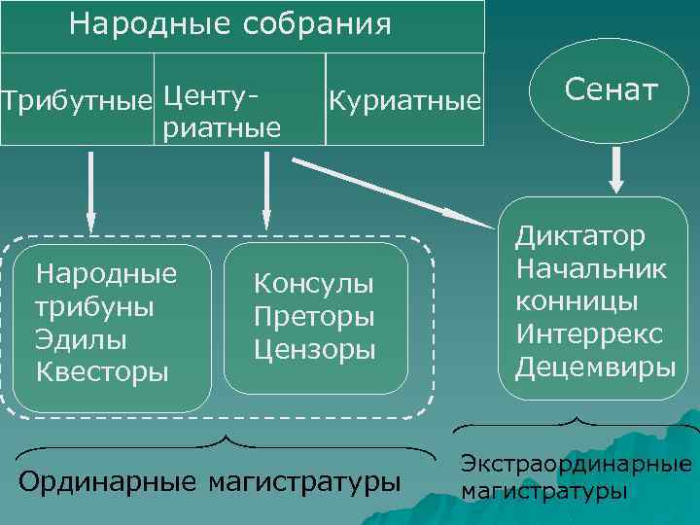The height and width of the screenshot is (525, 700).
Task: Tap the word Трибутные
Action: click(x=77, y=100)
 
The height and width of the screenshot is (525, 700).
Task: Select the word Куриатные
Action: click(x=405, y=100)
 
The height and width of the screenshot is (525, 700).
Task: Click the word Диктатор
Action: click(x=579, y=235)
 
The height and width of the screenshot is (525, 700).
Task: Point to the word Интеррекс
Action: click(x=589, y=334)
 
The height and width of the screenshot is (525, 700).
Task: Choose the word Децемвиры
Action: click(x=595, y=367)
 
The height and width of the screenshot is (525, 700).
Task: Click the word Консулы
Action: click(x=313, y=284)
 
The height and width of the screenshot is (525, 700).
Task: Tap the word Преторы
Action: click(x=314, y=317)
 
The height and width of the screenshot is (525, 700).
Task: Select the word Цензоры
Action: click(x=314, y=349)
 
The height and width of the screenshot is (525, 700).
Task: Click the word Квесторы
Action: click(x=101, y=371)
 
